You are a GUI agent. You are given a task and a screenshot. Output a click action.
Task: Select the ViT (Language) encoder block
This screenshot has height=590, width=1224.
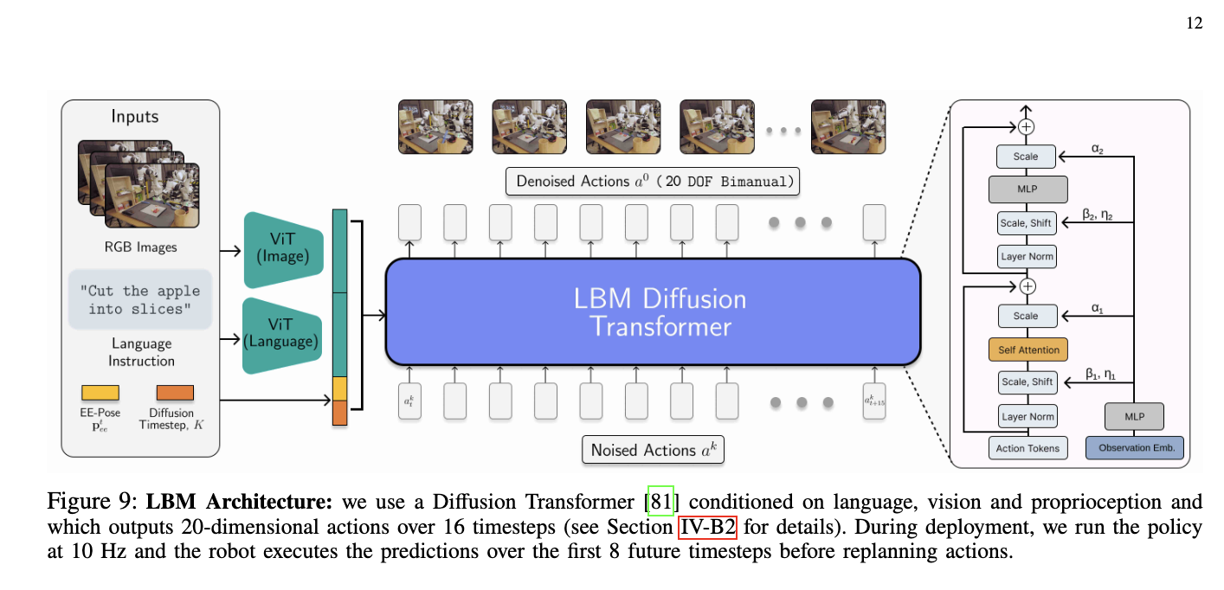pyautogui.click(x=284, y=332)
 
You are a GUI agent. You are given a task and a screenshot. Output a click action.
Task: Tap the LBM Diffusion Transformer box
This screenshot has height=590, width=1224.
pyautogui.click(x=652, y=311)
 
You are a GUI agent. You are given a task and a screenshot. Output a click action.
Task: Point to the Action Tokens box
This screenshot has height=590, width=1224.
pyautogui.click(x=1027, y=448)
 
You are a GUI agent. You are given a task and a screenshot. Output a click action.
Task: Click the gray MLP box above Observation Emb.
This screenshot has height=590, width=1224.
pyautogui.click(x=1134, y=416)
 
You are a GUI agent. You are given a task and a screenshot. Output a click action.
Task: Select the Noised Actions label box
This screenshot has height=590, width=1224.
pyautogui.click(x=654, y=450)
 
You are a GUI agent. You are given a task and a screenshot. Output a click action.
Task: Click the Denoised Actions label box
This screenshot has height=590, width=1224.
pyautogui.click(x=653, y=182)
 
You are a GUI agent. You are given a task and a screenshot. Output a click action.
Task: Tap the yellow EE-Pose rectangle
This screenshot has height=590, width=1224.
pyautogui.click(x=100, y=393)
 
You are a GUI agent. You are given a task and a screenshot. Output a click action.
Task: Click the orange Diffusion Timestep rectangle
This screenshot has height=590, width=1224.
pyautogui.click(x=175, y=393)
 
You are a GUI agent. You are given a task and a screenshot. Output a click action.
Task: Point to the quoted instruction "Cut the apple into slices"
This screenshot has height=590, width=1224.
pyautogui.click(x=140, y=300)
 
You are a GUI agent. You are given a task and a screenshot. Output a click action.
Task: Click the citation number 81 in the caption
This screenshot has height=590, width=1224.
pyautogui.click(x=660, y=502)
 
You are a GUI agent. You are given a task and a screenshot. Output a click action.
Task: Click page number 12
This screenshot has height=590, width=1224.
pyautogui.click(x=1194, y=23)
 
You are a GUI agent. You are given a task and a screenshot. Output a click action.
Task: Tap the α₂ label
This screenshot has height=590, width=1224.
pyautogui.click(x=1098, y=150)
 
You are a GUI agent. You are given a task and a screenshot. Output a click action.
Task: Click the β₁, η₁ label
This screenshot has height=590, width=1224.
pyautogui.click(x=1098, y=375)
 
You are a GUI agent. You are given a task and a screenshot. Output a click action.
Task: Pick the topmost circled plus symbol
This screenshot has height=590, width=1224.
pyautogui.click(x=1027, y=126)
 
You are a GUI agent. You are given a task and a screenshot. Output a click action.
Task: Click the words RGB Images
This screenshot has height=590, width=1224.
pyautogui.click(x=140, y=247)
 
